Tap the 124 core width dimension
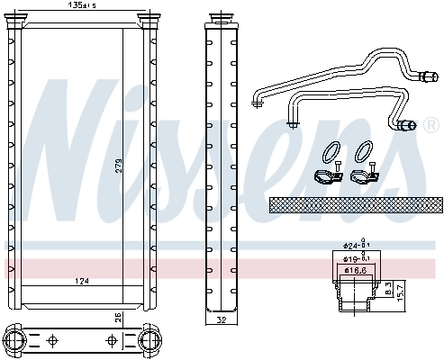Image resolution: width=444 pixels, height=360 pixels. point(82,283)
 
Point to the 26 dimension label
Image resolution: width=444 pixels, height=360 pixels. point(117,316)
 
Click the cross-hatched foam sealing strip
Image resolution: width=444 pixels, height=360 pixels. point(356,205)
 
